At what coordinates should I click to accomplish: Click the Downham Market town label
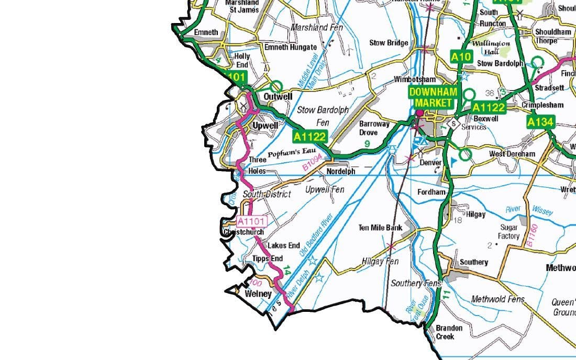tap(433, 97)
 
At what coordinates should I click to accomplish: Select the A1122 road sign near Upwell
tap(309, 137)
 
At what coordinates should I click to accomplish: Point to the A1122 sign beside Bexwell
tap(488, 108)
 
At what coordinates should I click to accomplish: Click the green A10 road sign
tap(462, 56)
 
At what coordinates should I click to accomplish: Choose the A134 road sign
tap(539, 122)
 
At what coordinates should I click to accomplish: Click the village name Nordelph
tap(340, 171)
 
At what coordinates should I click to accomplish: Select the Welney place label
tap(258, 294)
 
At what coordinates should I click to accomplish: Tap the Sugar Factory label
tap(509, 232)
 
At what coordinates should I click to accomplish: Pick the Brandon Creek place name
tap(449, 332)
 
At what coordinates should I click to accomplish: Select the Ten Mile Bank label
tap(380, 228)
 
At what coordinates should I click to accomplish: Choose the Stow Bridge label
tap(389, 43)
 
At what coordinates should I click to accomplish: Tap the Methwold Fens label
tap(497, 299)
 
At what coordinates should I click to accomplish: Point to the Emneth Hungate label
tap(291, 47)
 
